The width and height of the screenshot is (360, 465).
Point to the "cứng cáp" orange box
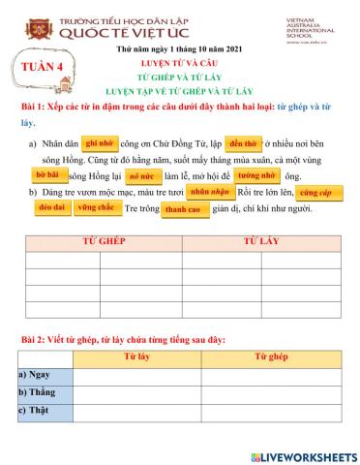pos(316,194)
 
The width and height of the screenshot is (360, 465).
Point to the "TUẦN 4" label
pos(48,68)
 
